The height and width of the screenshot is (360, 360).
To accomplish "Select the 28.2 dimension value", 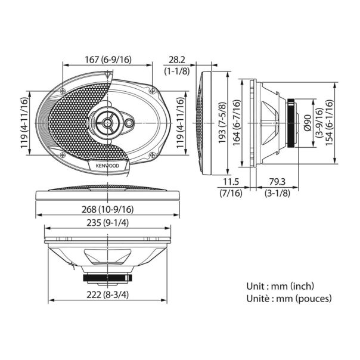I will point(176,60).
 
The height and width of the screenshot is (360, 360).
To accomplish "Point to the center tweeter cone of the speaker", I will point(108,123).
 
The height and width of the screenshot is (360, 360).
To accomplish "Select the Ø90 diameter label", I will point(307,123).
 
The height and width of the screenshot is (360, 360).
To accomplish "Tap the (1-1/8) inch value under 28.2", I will point(176,71).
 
